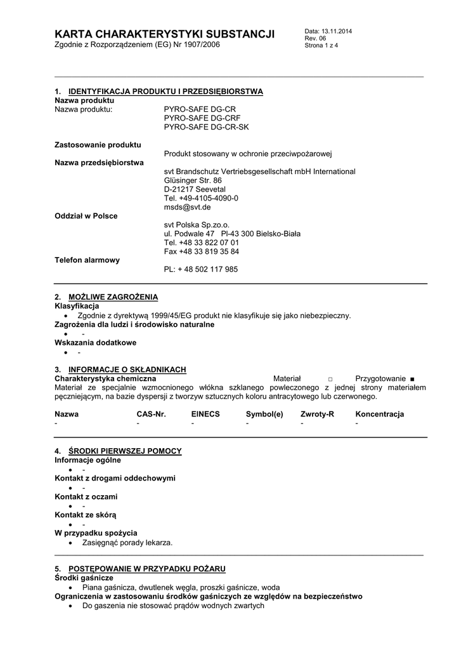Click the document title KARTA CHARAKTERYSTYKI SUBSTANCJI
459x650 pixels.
164,34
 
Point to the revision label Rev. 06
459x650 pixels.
315,38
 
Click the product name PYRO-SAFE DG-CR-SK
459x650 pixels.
206,127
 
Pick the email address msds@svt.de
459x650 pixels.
187,207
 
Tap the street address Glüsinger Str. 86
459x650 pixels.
193,180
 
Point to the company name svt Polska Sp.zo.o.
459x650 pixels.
197,225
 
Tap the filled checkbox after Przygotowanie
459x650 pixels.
412,379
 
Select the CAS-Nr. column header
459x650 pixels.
151,414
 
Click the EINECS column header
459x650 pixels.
205,414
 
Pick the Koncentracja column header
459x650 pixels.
379,414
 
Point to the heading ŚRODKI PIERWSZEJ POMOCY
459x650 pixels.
125,451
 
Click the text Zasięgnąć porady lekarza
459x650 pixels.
127,543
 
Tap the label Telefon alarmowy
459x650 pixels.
87,260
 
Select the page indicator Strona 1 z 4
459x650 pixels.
321,46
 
